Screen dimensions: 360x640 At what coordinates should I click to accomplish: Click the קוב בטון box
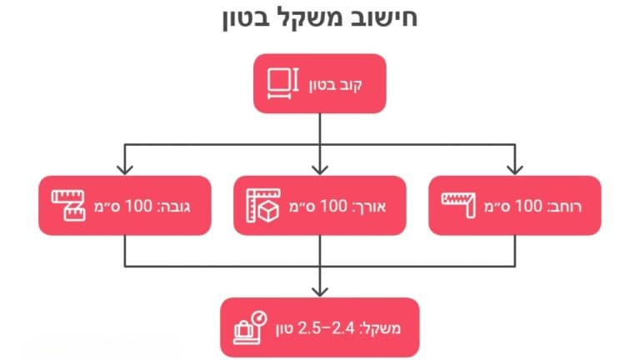(320, 83)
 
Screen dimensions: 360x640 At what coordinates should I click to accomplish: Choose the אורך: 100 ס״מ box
(320, 205)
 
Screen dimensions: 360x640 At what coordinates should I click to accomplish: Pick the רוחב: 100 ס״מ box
(514, 205)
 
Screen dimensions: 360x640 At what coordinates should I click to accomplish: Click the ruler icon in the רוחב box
(457, 202)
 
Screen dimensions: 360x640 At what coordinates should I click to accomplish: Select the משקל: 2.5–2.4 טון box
(320, 327)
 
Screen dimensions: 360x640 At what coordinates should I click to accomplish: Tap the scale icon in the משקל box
(248, 327)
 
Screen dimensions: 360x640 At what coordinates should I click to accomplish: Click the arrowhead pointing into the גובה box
(125, 169)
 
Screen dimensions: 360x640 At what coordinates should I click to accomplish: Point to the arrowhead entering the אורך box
(320, 169)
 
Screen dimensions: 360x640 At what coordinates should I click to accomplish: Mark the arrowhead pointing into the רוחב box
(514, 169)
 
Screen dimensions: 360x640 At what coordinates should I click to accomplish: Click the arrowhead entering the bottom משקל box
(320, 291)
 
